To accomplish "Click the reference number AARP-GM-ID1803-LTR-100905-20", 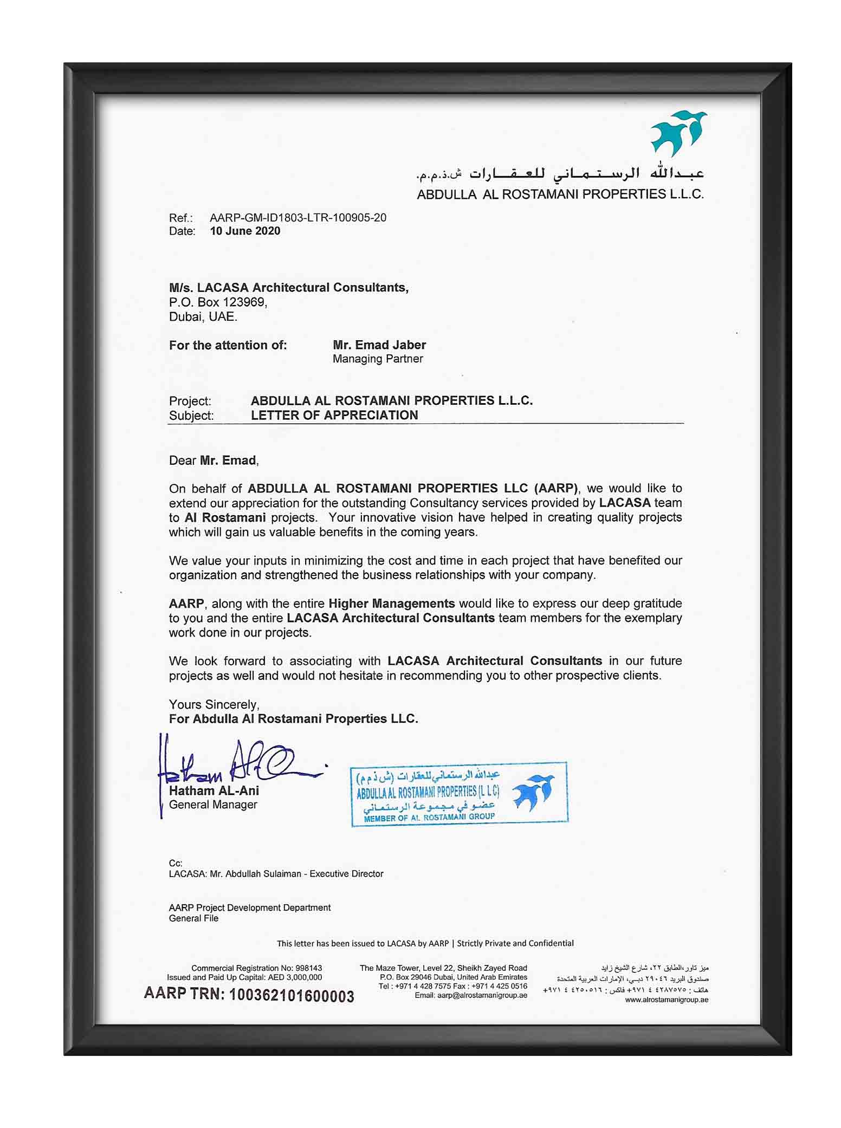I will click(x=298, y=218).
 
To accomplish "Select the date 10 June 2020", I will click(x=245, y=231).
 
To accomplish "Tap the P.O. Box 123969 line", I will click(x=218, y=302).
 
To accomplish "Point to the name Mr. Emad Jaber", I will click(x=379, y=345).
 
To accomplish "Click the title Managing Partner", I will click(x=378, y=359).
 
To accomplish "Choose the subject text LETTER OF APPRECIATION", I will click(x=334, y=415).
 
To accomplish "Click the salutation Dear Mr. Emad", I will click(x=214, y=461).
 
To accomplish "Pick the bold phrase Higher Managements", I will click(x=391, y=603).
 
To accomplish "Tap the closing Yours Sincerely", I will click(x=214, y=704).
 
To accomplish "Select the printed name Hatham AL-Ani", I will click(x=214, y=790).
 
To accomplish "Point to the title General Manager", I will click(x=213, y=805).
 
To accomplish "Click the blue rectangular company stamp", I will click(x=458, y=794).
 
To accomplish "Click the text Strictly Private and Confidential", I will click(x=515, y=943).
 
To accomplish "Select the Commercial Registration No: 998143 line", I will click(x=256, y=968).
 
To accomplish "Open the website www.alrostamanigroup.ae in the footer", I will click(x=666, y=1000).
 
